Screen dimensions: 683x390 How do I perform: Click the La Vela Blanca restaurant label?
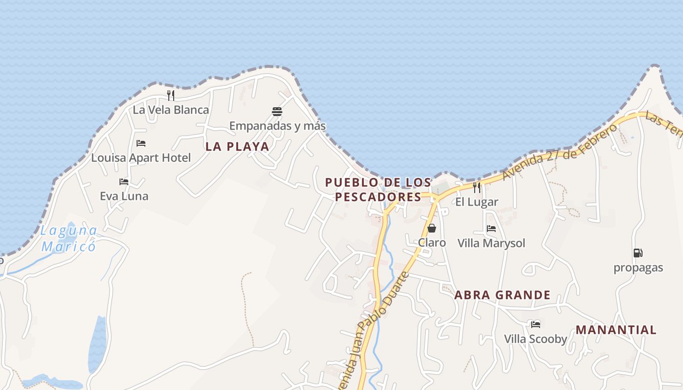171,110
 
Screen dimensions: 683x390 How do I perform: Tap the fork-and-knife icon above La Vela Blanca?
171,95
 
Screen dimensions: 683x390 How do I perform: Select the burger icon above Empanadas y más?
277,112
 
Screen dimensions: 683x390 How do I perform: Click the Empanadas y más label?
277,126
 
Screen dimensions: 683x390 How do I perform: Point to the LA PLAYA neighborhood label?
237,147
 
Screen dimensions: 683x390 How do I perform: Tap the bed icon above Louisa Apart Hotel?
141,143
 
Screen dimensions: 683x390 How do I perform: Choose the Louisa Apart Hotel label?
141,158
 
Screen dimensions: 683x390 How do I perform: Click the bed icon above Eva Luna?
124,182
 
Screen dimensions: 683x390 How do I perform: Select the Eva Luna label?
124,196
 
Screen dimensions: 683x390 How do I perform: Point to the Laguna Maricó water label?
69,238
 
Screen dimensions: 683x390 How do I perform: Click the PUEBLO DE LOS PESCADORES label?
378,190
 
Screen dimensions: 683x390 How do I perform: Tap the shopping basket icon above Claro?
432,228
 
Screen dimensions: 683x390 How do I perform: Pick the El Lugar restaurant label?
477,202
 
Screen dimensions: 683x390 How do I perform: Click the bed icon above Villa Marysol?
491,228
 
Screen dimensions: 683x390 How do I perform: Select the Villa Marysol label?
491,243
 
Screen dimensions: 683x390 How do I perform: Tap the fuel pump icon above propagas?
638,253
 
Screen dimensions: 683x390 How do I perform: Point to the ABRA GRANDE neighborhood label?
502,295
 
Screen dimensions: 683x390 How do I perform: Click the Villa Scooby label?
535,339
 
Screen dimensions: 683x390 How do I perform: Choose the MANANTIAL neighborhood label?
616,330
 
